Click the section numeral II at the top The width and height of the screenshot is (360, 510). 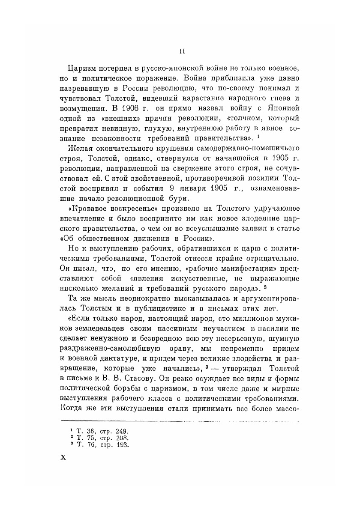(182, 51)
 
